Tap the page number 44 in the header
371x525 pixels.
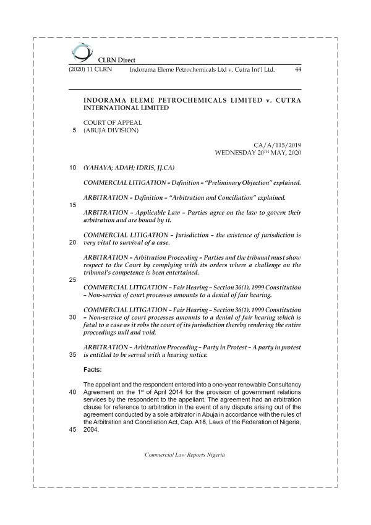click(297, 70)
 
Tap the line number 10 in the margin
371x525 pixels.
click(72, 168)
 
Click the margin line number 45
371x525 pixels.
click(72, 431)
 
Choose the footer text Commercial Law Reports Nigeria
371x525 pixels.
click(184, 455)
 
